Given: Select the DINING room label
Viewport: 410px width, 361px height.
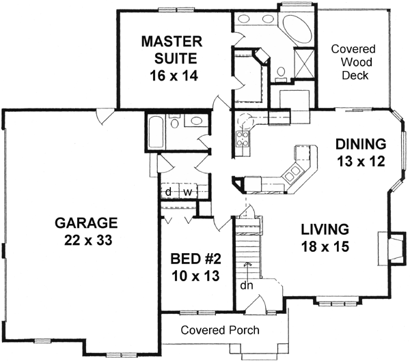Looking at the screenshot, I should tap(361, 153).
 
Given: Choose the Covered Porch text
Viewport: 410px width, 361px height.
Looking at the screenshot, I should tap(220, 330).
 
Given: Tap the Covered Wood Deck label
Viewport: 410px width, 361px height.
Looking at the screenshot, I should tap(350, 61).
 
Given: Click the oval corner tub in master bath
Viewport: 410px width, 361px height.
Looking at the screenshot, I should tap(299, 27).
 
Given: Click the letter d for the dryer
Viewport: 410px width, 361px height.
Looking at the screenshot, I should tap(168, 192).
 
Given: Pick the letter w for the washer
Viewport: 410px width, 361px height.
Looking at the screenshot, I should tap(185, 192).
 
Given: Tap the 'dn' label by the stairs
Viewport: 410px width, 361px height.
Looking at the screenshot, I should tap(245, 285).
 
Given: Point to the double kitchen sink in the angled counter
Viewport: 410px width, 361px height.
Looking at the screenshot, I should tap(293, 174).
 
